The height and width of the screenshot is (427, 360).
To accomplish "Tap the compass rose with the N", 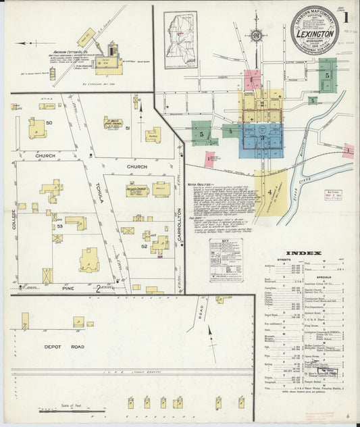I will coord(256,35).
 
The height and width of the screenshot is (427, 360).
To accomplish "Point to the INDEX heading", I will coord(304,253).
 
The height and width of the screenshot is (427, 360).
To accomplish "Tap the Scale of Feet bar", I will coord(72,409).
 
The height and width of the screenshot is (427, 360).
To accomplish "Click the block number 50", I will coord(49,122).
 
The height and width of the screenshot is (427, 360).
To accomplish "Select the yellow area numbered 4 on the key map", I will coord(270,192).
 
